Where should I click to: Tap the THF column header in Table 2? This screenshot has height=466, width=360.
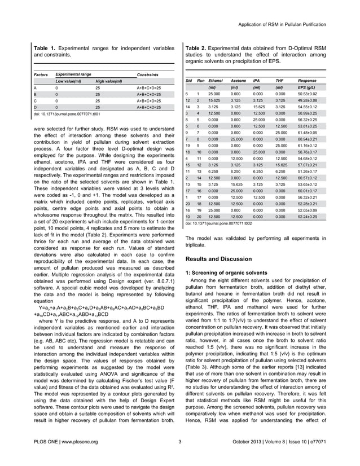[278, 81]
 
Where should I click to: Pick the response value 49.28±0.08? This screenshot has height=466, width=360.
[310, 100]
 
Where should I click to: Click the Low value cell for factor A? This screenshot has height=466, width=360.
[56, 89]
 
